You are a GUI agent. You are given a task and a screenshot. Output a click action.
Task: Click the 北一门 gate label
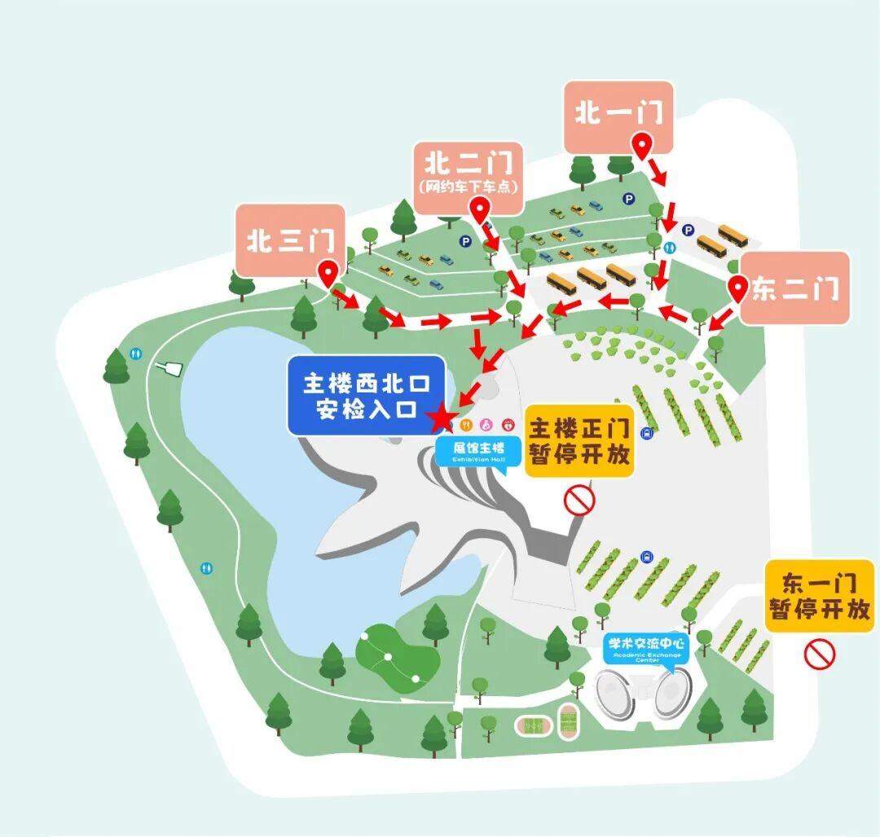click(618, 113)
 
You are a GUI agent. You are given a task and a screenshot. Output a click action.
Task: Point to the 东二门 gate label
click(794, 289)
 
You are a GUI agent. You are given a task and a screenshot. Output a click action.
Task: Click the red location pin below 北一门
click(643, 148)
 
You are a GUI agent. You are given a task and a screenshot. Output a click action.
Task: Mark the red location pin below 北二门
click(482, 209)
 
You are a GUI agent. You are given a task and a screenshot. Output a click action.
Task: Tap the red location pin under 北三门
click(329, 274)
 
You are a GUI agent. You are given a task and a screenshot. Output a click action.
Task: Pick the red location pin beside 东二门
click(738, 288)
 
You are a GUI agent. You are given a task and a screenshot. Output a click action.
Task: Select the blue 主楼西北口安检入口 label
click(366, 395)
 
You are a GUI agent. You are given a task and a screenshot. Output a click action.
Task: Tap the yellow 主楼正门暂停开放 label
click(579, 440)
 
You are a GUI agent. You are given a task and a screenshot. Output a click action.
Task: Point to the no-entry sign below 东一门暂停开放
click(821, 653)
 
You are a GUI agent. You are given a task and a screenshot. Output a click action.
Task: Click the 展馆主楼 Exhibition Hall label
click(470, 450)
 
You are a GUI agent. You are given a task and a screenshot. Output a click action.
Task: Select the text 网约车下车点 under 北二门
click(468, 186)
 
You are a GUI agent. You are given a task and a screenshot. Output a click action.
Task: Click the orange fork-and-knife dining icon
click(467, 424)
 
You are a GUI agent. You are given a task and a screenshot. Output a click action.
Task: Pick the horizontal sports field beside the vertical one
click(535, 724)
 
